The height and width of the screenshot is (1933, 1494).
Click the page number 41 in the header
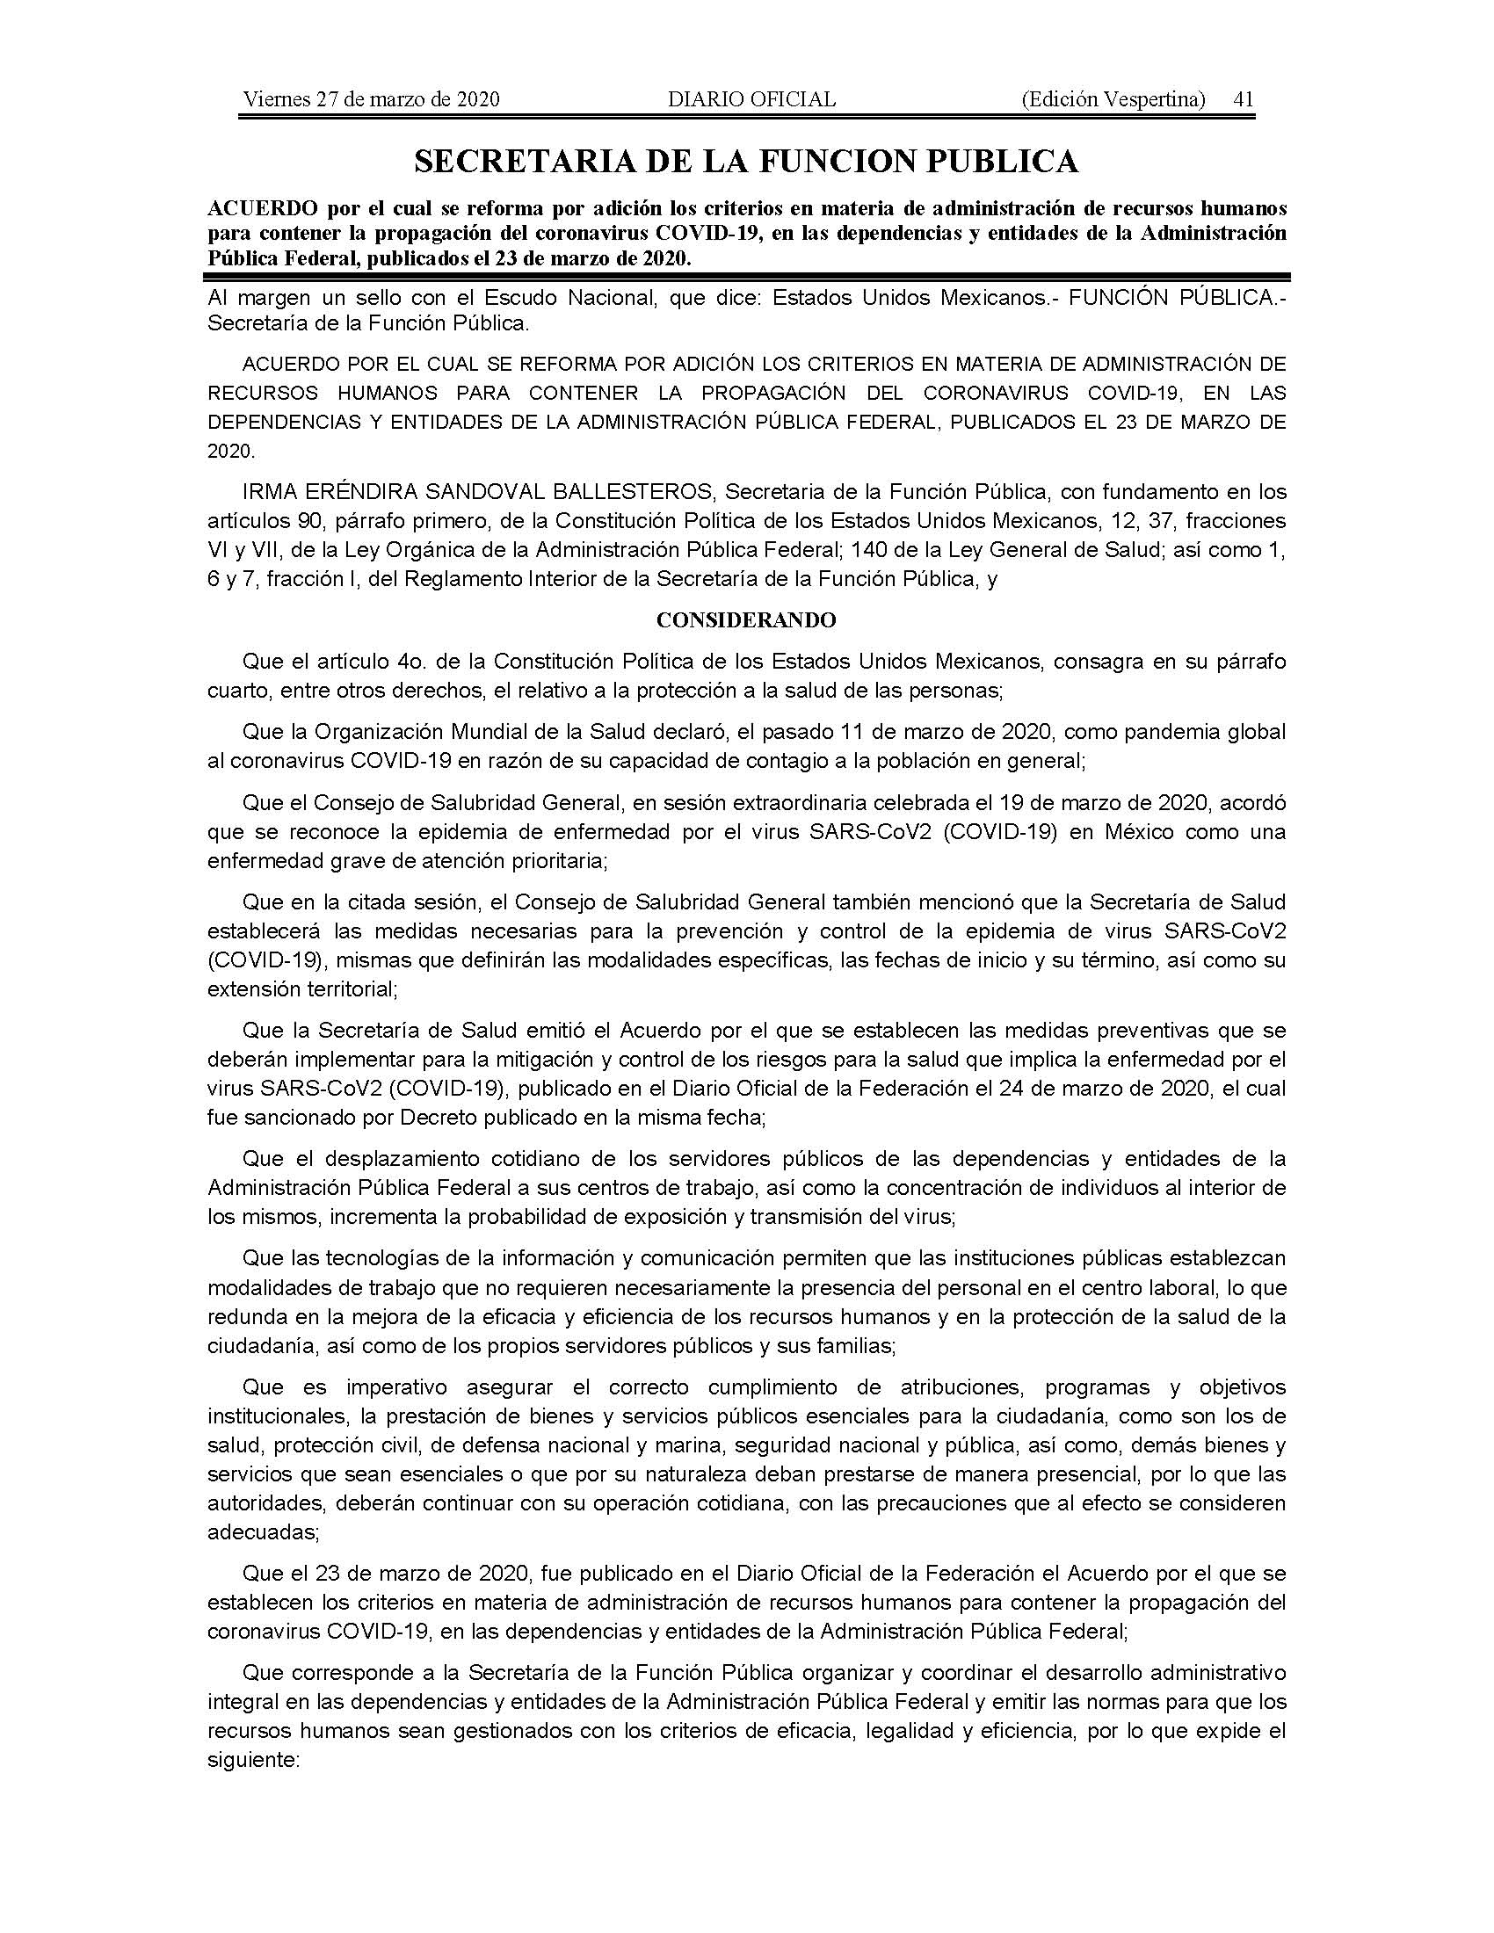pos(1244,99)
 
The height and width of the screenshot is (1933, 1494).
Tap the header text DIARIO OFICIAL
pos(751,99)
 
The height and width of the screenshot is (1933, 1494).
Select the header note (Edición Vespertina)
pos(1113,99)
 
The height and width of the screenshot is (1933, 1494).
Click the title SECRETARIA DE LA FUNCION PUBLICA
pos(746,161)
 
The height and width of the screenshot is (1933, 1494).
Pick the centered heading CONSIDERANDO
pos(746,620)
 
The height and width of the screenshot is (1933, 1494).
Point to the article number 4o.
pos(403,661)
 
